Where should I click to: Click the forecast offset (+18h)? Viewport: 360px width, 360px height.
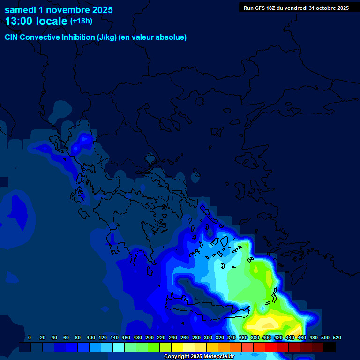(82, 21)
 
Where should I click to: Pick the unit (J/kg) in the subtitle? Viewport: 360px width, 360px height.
(106, 37)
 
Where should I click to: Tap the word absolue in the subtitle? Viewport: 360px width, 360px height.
(172, 37)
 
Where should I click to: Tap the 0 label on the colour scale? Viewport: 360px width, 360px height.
(30, 337)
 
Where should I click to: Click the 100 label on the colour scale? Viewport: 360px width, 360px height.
(91, 337)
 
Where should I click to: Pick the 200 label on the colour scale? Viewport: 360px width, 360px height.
(150, 337)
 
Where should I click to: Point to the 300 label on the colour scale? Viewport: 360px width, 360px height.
(208, 337)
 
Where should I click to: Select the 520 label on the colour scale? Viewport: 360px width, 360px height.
(337, 337)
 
